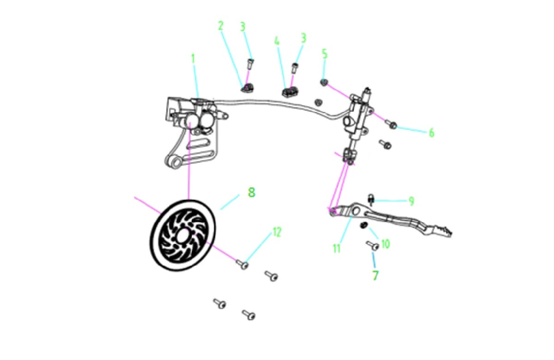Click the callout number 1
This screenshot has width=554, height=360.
pyautogui.click(x=193, y=59)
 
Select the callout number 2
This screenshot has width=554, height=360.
pyautogui.click(x=221, y=26)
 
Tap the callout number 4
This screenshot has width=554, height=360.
pyautogui.click(x=277, y=41)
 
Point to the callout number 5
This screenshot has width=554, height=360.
pyautogui.click(x=325, y=54)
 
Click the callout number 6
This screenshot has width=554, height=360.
pyautogui.click(x=431, y=133)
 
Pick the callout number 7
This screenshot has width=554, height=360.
pyautogui.click(x=375, y=276)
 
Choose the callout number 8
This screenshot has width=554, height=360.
pyautogui.click(x=252, y=192)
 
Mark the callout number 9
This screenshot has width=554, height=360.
pyautogui.click(x=411, y=201)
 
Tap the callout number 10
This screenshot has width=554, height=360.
pyautogui.click(x=386, y=244)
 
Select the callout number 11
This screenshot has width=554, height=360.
pyautogui.click(x=337, y=248)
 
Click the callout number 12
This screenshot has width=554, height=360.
pyautogui.click(x=277, y=232)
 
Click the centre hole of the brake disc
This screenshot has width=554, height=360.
pyautogui.click(x=182, y=236)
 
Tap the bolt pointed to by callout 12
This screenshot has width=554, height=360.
pyautogui.click(x=242, y=264)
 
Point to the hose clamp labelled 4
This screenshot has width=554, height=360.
pyautogui.click(x=290, y=92)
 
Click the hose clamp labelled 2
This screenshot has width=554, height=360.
pyautogui.click(x=247, y=88)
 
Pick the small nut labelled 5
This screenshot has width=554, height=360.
pyautogui.click(x=324, y=82)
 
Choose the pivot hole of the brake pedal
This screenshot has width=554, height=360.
pyautogui.click(x=356, y=211)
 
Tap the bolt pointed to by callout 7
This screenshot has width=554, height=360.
pyautogui.click(x=373, y=246)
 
